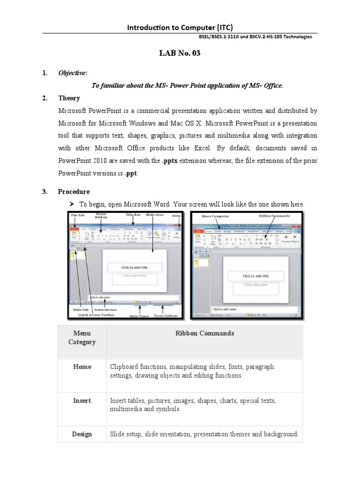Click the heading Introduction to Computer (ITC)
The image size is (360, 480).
point(180,28)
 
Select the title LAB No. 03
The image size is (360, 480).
point(180,53)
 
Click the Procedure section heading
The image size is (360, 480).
point(74,192)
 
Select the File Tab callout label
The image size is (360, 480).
point(78,215)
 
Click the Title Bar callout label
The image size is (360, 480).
point(133,215)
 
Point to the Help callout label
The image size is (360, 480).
point(176,215)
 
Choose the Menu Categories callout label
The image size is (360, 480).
point(215,217)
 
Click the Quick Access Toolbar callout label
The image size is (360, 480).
point(96,315)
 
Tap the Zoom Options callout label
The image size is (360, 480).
point(166,316)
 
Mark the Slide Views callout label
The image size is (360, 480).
point(140,316)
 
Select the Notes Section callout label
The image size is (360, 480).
point(105,310)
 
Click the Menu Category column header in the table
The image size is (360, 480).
point(82,337)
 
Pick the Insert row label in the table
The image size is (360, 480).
point(82,401)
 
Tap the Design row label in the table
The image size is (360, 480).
point(82,434)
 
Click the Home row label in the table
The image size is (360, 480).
point(82,367)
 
